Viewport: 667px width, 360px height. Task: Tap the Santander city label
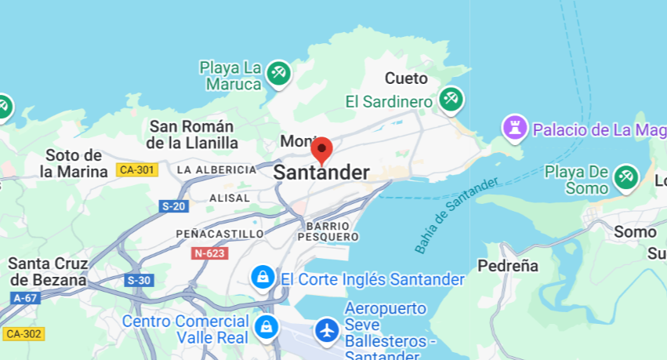coord(321,173)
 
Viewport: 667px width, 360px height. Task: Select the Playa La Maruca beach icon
coord(277,74)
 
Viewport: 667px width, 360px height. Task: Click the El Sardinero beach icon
coord(450,100)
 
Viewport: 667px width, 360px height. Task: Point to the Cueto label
coord(406,78)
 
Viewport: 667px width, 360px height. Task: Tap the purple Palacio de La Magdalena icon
coord(514,128)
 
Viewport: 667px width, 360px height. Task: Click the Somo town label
coord(635,231)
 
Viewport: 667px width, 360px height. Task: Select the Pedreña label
coord(508,266)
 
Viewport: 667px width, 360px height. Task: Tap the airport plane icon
coord(327,330)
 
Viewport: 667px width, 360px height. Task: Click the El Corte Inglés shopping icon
coord(262,277)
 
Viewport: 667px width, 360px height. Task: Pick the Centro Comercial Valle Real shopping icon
coord(266,325)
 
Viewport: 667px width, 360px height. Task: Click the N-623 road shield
coord(209,253)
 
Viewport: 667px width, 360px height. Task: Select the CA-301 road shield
coord(136,169)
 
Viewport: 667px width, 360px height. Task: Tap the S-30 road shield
coord(138,280)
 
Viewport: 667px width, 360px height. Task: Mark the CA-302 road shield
coord(23,334)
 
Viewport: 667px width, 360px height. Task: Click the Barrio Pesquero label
coord(328,231)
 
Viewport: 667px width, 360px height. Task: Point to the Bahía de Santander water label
coord(456,215)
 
